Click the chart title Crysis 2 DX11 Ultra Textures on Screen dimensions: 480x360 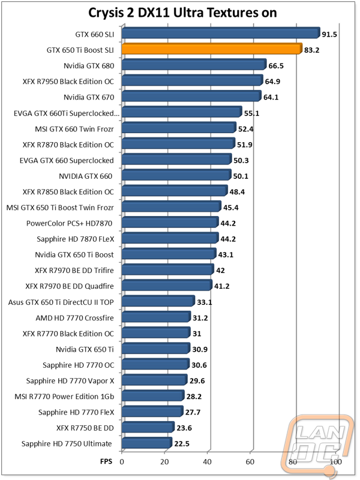[179, 13]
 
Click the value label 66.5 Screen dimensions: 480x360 [278, 65]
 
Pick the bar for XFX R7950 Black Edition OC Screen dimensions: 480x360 [192, 81]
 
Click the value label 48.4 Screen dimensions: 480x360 [239, 191]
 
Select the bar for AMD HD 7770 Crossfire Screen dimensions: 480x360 [156, 317]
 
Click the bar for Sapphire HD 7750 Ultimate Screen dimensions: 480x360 [146, 444]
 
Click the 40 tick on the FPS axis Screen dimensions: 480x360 [208, 463]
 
